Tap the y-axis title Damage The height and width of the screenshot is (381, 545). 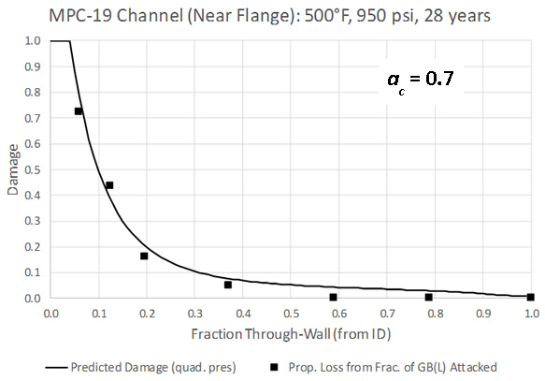pyautogui.click(x=13, y=170)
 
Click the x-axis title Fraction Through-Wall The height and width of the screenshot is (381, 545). pyautogui.click(x=290, y=334)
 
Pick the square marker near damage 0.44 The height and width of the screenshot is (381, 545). pyautogui.click(x=109, y=185)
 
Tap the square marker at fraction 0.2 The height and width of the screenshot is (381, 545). pyautogui.click(x=144, y=256)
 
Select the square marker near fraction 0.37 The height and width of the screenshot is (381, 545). pyautogui.click(x=228, y=285)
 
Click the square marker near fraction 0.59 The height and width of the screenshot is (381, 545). pyautogui.click(x=333, y=297)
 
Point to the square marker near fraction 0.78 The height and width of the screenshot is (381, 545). pyautogui.click(x=428, y=297)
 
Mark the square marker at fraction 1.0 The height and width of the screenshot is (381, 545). pyautogui.click(x=530, y=297)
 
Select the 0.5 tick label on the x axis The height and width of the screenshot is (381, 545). pyautogui.click(x=291, y=314)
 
